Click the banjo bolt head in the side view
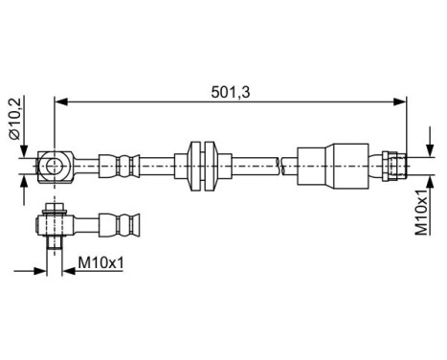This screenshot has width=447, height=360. point(55,209)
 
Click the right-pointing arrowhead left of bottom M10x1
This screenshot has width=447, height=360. point(44,272)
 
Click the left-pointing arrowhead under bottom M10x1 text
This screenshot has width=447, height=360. point(67,272)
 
